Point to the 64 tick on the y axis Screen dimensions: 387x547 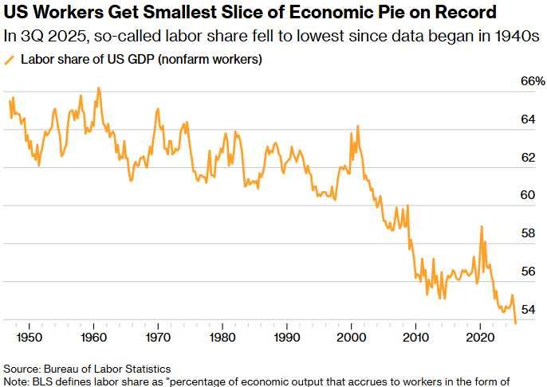(x=528, y=119)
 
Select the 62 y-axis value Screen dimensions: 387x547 (x=528, y=158)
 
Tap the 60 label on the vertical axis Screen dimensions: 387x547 (x=528, y=195)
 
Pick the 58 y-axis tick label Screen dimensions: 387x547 (x=528, y=233)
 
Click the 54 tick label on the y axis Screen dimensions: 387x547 (x=528, y=309)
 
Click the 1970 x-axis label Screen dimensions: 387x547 (x=157, y=337)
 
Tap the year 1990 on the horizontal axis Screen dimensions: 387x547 (x=286, y=337)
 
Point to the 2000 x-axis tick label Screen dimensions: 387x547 (x=351, y=337)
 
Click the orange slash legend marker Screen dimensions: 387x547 (x=10, y=60)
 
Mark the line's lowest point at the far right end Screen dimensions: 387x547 (x=516, y=322)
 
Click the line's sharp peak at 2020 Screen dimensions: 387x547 (x=482, y=226)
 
